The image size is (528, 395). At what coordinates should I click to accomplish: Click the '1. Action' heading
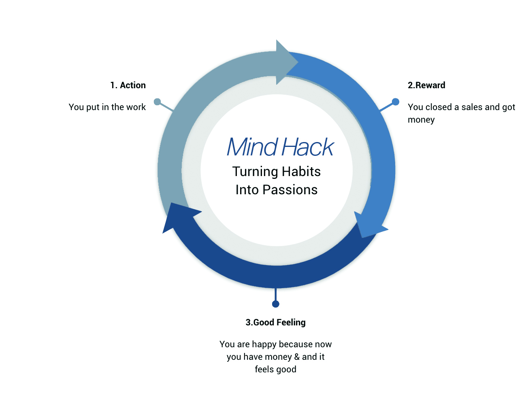coord(128,85)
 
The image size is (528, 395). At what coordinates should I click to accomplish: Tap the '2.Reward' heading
coord(426,85)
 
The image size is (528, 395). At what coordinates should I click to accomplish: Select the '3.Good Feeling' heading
coord(275,323)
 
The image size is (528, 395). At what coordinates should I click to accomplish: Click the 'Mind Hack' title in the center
coord(280,147)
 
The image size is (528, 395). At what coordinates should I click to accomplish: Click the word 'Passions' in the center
coord(290,190)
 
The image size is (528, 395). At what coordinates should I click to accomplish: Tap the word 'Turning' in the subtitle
coord(255,172)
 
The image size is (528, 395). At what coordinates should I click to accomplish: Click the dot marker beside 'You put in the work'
coord(158,102)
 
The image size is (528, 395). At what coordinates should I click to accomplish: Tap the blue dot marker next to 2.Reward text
coord(396,102)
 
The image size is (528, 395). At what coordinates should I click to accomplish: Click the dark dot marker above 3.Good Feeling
coord(276,304)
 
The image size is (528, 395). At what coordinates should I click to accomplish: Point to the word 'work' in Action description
coord(136,107)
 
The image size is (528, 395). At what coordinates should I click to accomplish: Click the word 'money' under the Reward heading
coord(421,120)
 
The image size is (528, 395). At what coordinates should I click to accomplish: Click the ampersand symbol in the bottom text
coord(297,357)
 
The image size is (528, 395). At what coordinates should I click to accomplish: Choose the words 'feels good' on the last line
coord(275,370)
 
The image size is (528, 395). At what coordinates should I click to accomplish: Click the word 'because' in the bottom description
coord(296,344)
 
